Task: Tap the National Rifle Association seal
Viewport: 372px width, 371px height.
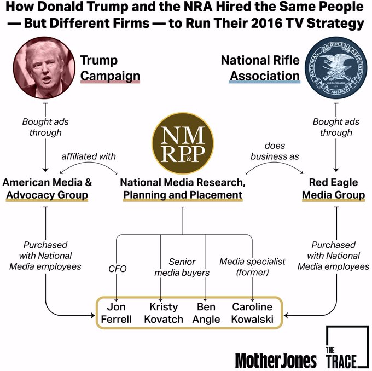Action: pyautogui.click(x=335, y=68)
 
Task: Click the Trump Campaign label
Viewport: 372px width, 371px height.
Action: pyautogui.click(x=109, y=68)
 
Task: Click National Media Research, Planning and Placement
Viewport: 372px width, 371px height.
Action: pyautogui.click(x=183, y=188)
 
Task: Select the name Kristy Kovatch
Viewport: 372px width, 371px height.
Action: pyautogui.click(x=164, y=313)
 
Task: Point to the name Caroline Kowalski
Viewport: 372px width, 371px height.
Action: pyautogui.click(x=252, y=313)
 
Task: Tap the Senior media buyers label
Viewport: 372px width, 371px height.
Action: pyautogui.click(x=182, y=267)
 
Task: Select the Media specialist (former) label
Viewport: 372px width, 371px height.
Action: pyautogui.click(x=252, y=267)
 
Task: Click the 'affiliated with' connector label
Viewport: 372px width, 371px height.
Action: pyautogui.click(x=89, y=156)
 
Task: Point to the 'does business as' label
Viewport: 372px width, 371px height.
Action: pyautogui.click(x=275, y=151)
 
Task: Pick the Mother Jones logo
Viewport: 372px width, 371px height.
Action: pyautogui.click(x=276, y=360)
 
